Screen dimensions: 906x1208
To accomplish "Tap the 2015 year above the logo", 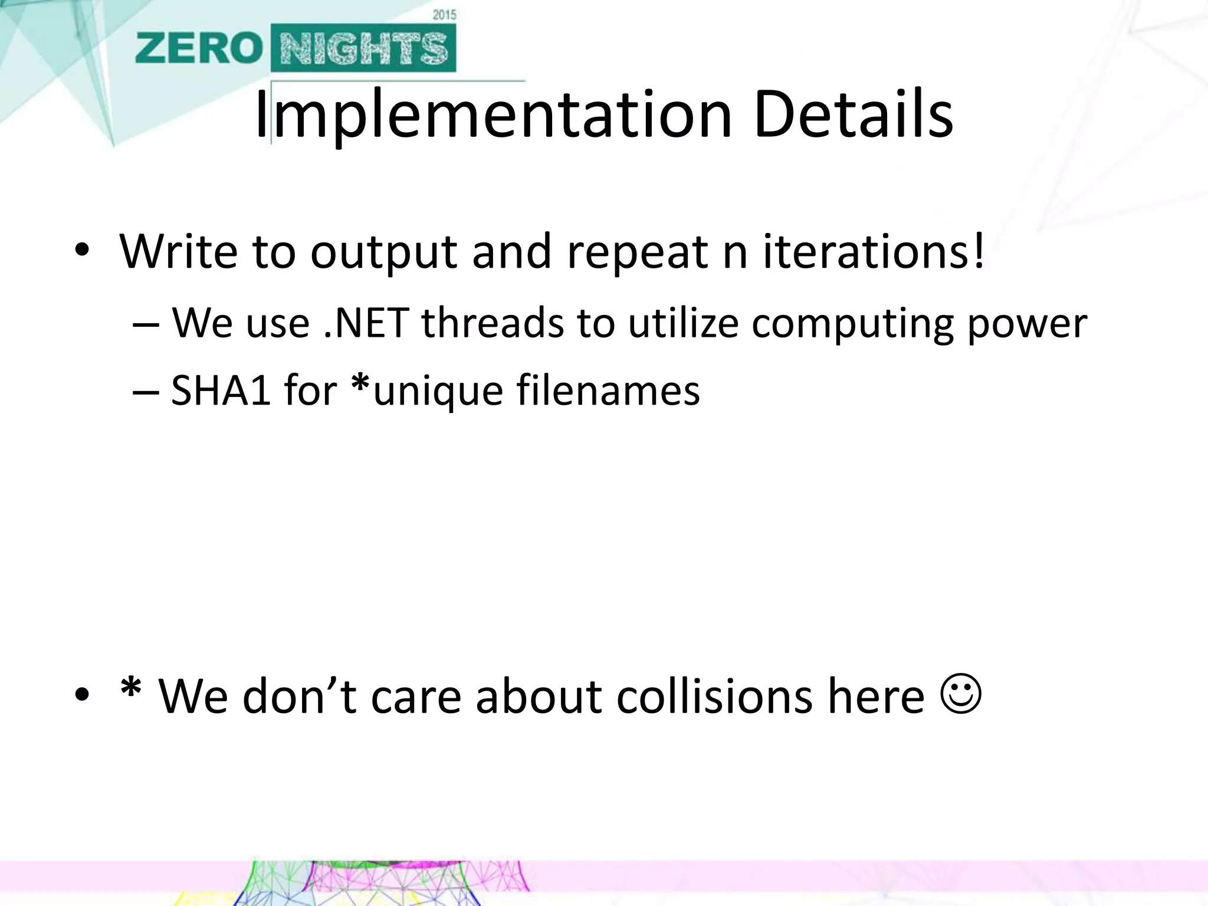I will [x=444, y=15].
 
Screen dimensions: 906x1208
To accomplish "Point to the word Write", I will [x=178, y=251].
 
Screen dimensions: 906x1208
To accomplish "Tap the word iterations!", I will [x=874, y=251].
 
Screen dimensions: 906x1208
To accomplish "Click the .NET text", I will [x=367, y=323].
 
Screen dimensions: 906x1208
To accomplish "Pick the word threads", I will [x=493, y=323].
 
